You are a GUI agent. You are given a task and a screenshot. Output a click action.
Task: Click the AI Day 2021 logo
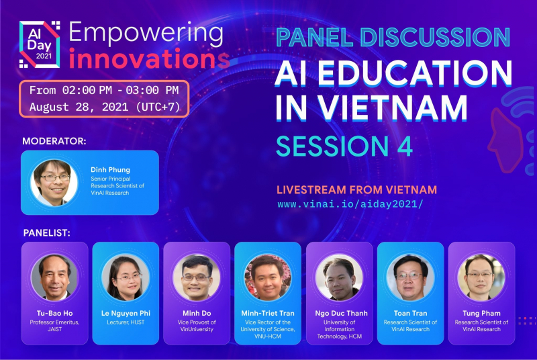(40, 44)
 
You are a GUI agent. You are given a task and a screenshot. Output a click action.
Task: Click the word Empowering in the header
(146, 34)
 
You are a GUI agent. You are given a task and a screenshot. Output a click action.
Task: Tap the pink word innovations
(149, 59)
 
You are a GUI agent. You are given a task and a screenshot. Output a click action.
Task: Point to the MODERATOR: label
(54, 141)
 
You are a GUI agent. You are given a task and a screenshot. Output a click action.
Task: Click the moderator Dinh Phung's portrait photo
(54, 183)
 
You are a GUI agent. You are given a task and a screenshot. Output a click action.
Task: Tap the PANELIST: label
(46, 233)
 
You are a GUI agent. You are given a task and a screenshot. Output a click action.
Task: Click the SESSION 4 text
(344, 146)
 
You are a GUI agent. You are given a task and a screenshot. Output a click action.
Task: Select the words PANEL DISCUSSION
(393, 37)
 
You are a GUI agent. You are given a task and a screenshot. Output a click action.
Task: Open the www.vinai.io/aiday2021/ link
(350, 204)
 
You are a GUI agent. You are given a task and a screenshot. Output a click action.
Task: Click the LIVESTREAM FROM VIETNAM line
(357, 190)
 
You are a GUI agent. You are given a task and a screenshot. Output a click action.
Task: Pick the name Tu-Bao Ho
(55, 313)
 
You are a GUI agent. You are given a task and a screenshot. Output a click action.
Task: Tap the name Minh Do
(197, 313)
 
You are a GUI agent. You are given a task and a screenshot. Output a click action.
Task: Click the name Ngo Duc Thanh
(342, 313)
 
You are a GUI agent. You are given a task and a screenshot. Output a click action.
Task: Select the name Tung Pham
(481, 313)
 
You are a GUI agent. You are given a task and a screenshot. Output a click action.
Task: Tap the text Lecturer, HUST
(126, 322)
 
